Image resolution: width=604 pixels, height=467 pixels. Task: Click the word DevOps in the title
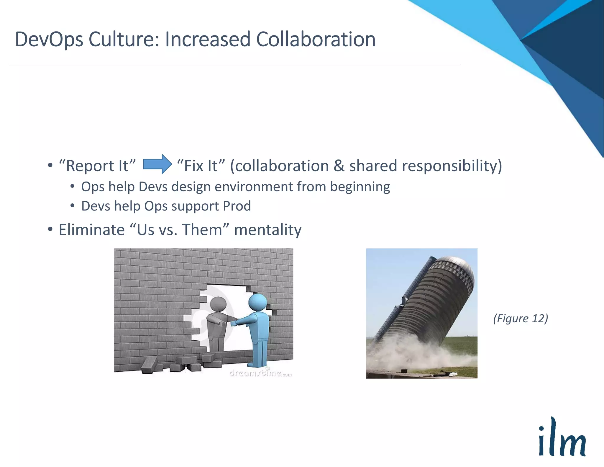coord(49,40)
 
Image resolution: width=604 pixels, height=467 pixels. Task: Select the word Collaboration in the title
coord(316,39)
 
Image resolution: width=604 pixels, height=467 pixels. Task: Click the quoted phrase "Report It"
coord(97,166)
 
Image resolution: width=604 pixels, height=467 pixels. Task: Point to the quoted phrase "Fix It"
coord(201,166)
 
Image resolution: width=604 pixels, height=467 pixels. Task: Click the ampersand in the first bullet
coord(339,166)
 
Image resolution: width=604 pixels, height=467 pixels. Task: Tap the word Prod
coord(237,206)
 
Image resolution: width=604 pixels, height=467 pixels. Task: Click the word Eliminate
coord(92,230)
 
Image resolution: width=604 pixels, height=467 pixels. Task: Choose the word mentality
coord(268,230)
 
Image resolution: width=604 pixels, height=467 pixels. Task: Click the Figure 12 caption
coord(521,318)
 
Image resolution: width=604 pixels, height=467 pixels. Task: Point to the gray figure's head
coord(218,304)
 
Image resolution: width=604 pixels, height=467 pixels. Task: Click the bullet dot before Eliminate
coord(50,229)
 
